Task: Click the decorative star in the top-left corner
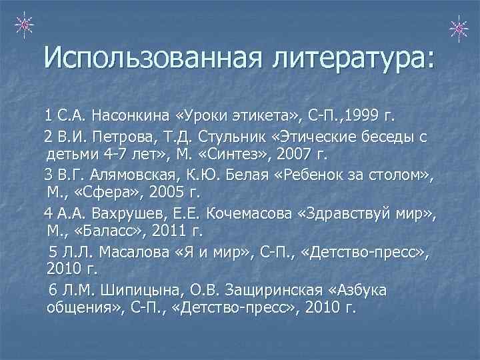pos(23,25)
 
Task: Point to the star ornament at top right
pos(458,27)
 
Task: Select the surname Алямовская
pos(133,175)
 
